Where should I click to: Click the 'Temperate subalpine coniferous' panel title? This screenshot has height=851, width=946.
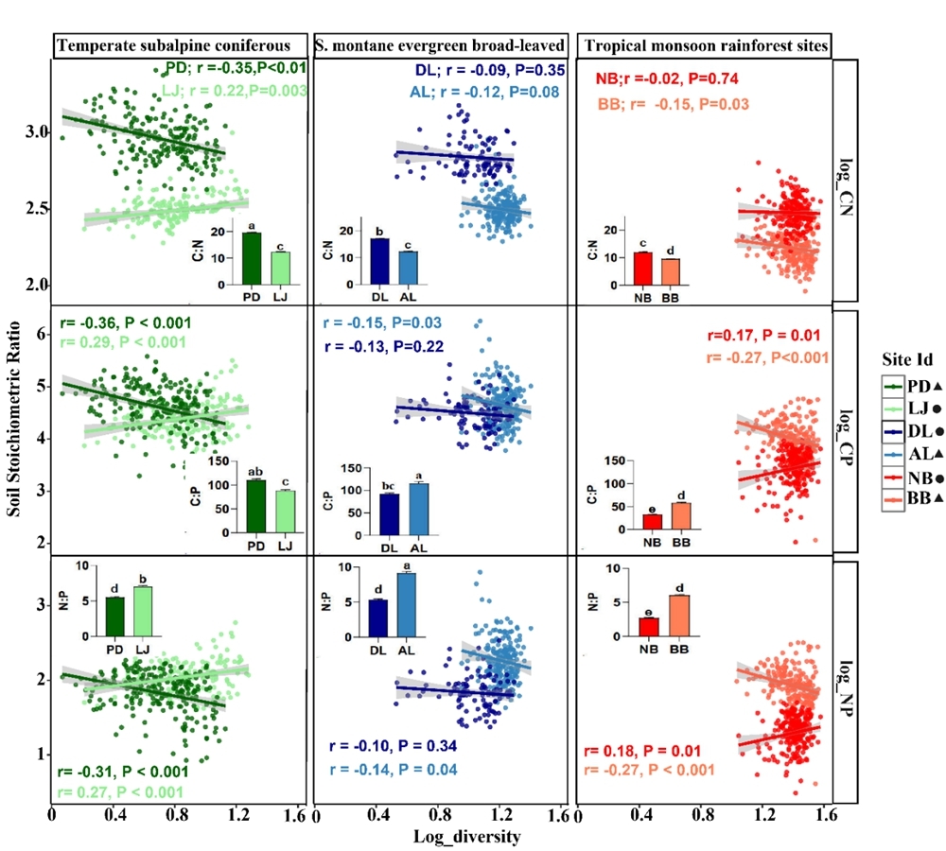click(182, 45)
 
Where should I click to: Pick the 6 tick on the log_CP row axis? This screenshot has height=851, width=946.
click(39, 334)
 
